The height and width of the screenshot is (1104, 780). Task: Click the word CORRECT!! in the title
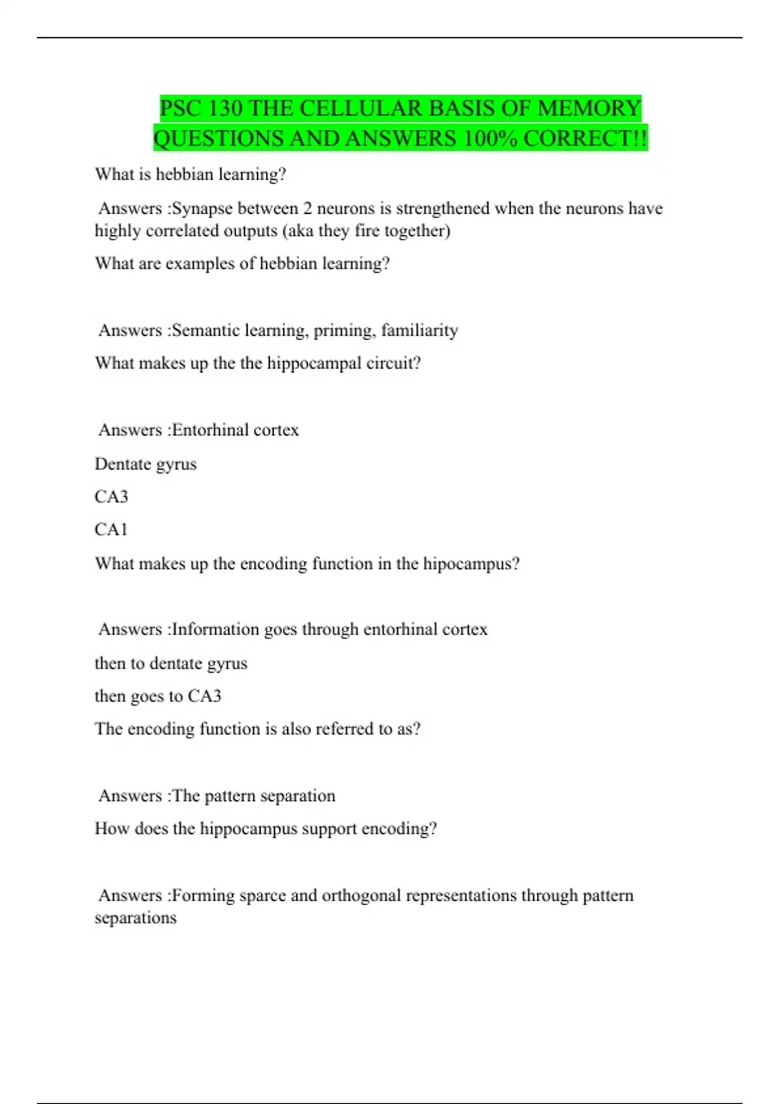pyautogui.click(x=585, y=138)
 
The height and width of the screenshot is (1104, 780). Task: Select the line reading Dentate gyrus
pyautogui.click(x=146, y=464)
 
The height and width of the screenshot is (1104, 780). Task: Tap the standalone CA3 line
pyautogui.click(x=111, y=497)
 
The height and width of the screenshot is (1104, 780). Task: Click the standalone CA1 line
pyautogui.click(x=111, y=530)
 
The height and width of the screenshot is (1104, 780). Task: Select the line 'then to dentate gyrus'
pyautogui.click(x=171, y=664)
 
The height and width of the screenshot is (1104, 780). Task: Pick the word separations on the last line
pyautogui.click(x=135, y=918)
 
